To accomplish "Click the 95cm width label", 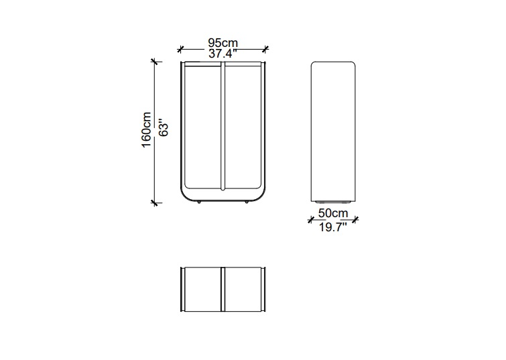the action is [223, 43].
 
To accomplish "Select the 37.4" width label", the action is [223, 54].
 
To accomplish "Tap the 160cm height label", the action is [146, 130].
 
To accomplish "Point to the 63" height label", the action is [164, 129].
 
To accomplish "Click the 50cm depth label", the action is [333, 213].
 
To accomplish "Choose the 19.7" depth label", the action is [332, 227].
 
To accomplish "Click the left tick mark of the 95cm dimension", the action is [180, 50].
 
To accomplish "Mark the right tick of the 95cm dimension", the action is [265, 50].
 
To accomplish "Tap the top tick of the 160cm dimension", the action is [155, 62].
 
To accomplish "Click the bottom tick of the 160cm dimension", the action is [155, 202].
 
